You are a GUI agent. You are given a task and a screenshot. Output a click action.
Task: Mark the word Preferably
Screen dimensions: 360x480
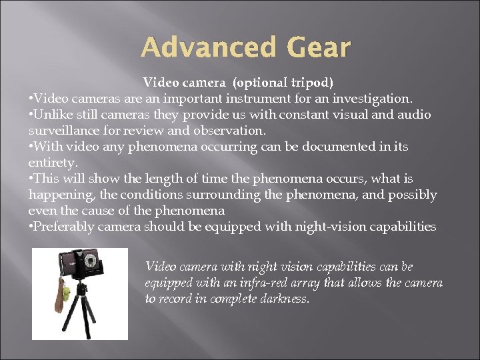(x=64, y=227)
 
